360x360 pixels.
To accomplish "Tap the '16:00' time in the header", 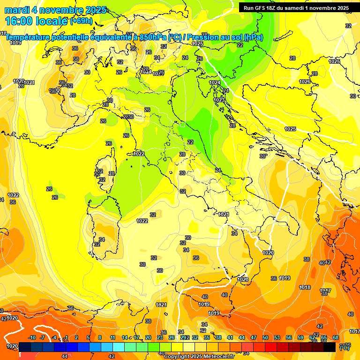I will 19,21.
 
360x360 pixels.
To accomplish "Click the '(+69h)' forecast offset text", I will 81,22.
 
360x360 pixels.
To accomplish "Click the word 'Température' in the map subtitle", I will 28,37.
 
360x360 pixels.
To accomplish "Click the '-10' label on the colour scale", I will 32,337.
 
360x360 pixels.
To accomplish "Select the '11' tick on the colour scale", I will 112,337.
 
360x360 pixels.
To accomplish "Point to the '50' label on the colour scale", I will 265,337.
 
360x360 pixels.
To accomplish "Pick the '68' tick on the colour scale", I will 336,337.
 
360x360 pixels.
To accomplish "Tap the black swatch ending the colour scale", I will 330,347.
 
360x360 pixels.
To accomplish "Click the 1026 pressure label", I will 305,82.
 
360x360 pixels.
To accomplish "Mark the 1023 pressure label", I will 219,100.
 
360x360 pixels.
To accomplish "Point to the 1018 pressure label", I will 305,287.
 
